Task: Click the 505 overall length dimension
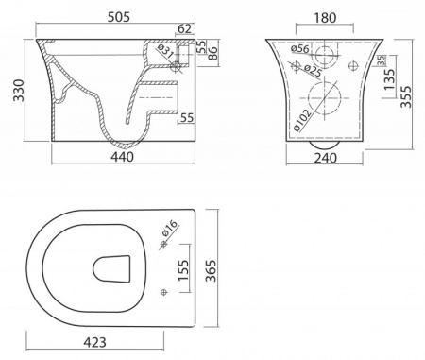119,17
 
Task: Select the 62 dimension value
185,28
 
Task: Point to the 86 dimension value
212,54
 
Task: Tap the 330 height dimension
19,91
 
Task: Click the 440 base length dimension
122,157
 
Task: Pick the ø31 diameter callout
165,51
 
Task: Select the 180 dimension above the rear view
325,18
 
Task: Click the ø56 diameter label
300,49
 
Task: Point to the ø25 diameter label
313,71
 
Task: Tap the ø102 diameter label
301,120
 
